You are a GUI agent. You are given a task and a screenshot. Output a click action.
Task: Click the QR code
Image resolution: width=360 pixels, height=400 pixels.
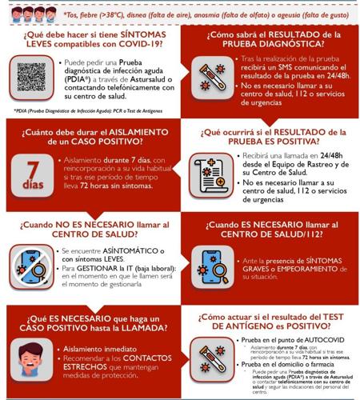(32, 78)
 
